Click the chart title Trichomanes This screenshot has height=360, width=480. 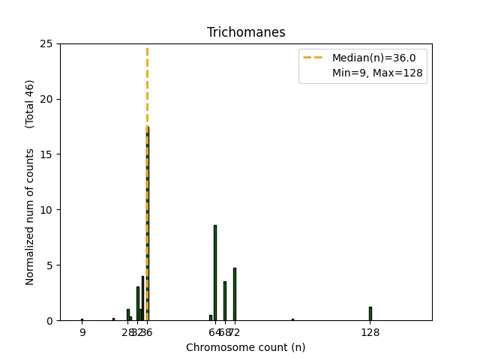click(246, 32)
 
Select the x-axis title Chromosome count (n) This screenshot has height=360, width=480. click(245, 347)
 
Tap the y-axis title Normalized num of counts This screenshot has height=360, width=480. click(30, 216)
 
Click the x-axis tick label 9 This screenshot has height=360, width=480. click(82, 332)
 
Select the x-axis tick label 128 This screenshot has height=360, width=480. click(370, 332)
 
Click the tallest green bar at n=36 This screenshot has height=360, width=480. click(147, 225)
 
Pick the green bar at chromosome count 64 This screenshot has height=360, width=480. click(215, 273)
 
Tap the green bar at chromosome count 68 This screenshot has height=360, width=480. click(225, 301)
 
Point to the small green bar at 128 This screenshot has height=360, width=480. click(370, 313)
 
